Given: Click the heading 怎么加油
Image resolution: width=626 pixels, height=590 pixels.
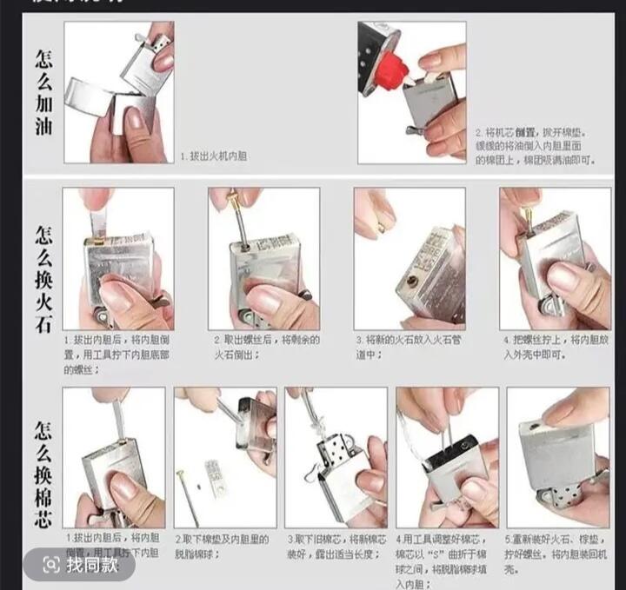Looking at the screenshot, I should pyautogui.click(x=43, y=92).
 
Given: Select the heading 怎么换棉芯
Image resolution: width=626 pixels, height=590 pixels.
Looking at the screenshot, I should pyautogui.click(x=43, y=469).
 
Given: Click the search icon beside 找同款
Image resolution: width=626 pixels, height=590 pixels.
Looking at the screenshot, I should pyautogui.click(x=51, y=565).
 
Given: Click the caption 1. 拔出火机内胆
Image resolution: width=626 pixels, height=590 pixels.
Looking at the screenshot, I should pyautogui.click(x=214, y=156).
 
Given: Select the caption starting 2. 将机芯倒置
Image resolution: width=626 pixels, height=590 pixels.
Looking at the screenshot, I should pyautogui.click(x=530, y=148).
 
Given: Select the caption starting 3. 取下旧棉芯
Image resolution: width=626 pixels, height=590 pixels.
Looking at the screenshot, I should pyautogui.click(x=335, y=545).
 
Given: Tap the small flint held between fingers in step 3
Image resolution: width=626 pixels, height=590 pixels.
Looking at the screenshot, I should pyautogui.click(x=381, y=228).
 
